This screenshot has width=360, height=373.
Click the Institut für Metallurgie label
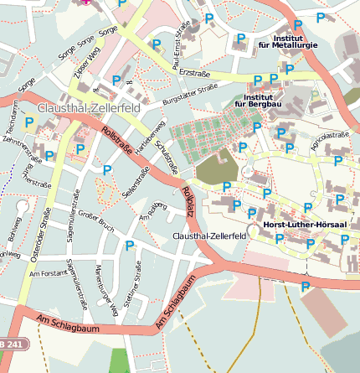[287, 40]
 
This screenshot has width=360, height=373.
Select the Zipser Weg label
[81, 67]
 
